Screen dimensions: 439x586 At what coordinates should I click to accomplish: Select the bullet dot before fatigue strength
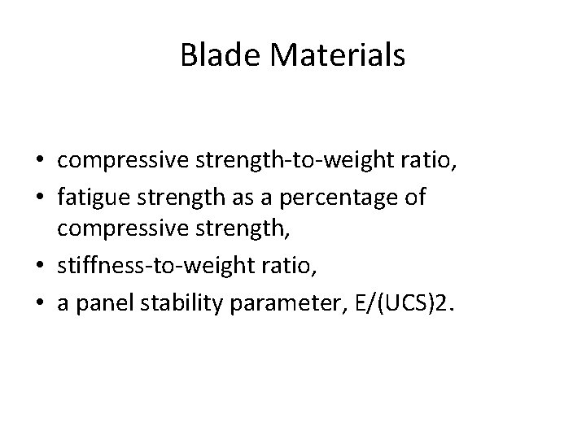(x=46, y=198)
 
